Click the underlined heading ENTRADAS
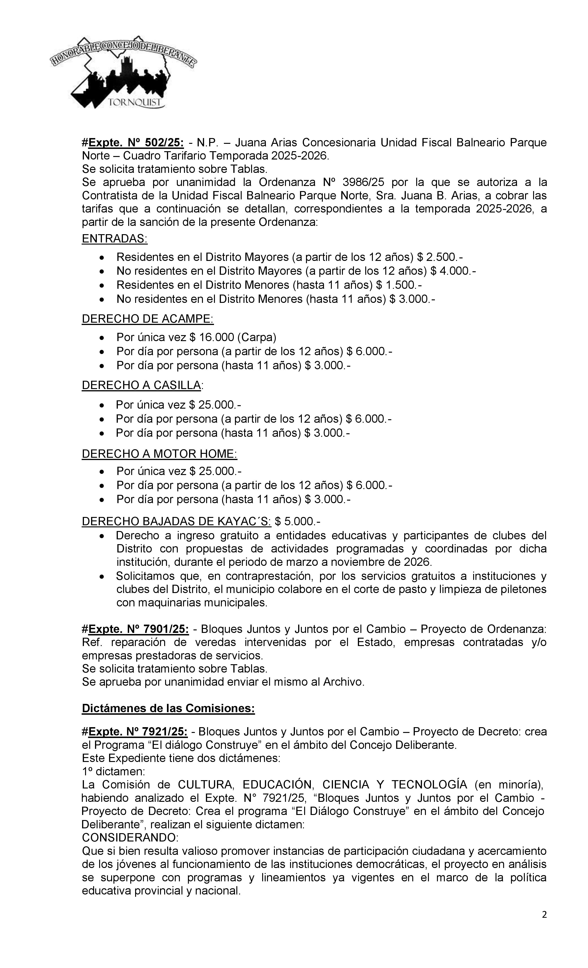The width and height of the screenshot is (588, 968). click(x=114, y=239)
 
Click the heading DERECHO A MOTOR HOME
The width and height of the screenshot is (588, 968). click(x=159, y=454)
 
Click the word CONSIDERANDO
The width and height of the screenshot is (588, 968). click(x=130, y=838)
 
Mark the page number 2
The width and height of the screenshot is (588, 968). click(x=544, y=915)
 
